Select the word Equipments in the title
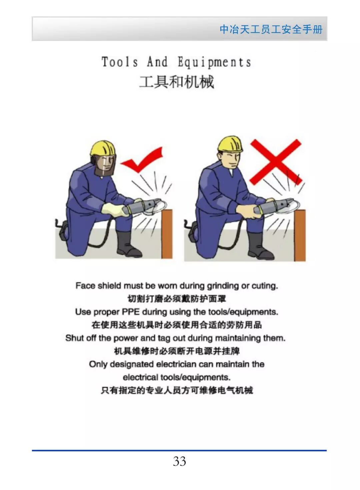pyautogui.click(x=214, y=62)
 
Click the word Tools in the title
pyautogui.click(x=120, y=62)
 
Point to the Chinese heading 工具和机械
pyautogui.click(x=177, y=82)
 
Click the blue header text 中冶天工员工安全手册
pyautogui.click(x=271, y=30)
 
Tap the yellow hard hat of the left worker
pyautogui.click(x=102, y=148)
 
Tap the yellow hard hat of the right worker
pyautogui.click(x=230, y=144)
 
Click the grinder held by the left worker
pyautogui.click(x=142, y=207)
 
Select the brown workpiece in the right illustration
pyautogui.click(x=300, y=235)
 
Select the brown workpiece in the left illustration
pyautogui.click(x=167, y=234)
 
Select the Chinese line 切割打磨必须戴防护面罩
pyautogui.click(x=177, y=299)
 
